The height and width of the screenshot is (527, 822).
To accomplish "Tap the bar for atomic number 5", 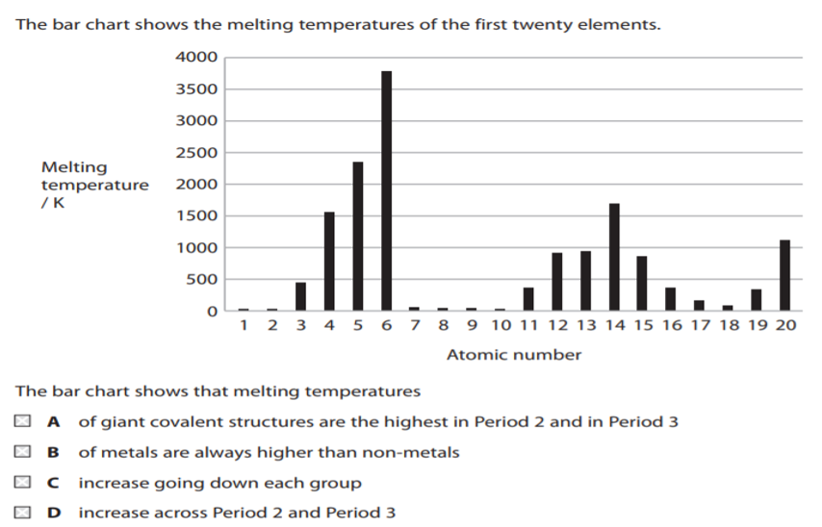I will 358,236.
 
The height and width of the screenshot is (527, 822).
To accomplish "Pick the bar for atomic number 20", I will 784,275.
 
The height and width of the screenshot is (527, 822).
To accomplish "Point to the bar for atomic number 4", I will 329,262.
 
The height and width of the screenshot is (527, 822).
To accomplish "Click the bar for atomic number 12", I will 557,282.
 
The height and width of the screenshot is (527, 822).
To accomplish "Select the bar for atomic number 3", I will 300,296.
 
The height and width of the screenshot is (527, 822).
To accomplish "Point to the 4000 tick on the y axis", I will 196,58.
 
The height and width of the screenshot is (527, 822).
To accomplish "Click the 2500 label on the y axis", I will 196,153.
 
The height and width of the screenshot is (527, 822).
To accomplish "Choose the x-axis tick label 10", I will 501,326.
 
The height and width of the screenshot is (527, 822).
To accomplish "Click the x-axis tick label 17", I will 700,326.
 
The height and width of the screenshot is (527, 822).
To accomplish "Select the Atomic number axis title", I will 514,355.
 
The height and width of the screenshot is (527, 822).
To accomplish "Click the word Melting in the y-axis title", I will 74,167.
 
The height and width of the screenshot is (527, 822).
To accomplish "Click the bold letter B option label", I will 54,452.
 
